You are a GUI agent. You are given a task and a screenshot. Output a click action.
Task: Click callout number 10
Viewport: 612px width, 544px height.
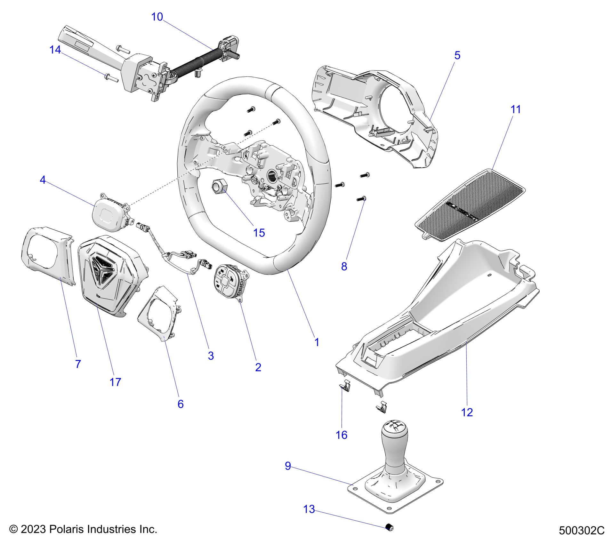(x=157, y=17)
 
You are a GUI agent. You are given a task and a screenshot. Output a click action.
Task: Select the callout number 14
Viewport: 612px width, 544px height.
(x=55, y=50)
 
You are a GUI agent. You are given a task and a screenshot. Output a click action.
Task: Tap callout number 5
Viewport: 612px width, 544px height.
(x=457, y=56)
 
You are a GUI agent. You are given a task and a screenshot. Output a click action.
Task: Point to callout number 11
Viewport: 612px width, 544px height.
(x=515, y=110)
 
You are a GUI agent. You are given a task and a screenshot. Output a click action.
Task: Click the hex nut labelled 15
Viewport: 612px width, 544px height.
(x=219, y=186)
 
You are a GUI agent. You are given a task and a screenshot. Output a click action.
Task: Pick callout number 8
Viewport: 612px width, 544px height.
(x=344, y=266)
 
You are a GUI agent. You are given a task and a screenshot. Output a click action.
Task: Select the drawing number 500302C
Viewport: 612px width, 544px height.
(x=582, y=530)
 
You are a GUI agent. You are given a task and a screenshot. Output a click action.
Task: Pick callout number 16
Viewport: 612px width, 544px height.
(x=342, y=435)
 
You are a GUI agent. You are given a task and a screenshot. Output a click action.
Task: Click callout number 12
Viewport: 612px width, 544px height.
(x=467, y=412)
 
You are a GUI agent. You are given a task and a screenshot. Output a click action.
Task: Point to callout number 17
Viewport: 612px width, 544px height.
(x=115, y=382)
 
